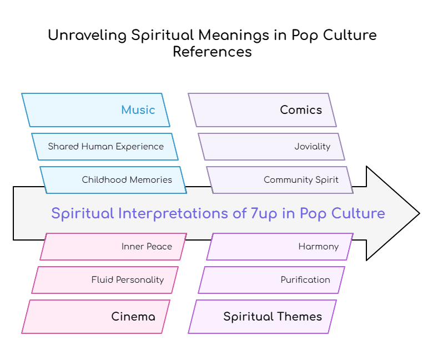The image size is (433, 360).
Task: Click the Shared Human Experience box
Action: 105,147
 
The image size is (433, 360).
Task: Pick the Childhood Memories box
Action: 113,180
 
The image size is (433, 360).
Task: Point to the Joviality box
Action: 271,147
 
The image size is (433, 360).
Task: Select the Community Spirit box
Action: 280,180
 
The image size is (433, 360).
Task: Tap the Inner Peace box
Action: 113,247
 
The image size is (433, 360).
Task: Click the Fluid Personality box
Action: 105,280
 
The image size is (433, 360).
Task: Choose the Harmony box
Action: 280,247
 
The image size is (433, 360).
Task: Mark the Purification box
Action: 271,280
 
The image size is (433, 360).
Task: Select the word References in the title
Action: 212,52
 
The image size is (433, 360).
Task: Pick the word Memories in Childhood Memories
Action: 150,180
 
